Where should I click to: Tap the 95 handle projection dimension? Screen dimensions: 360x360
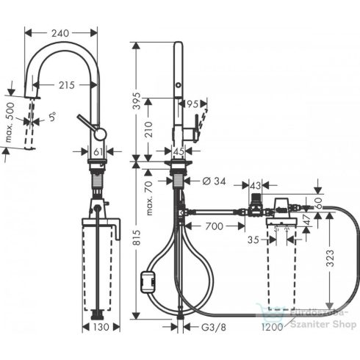193,104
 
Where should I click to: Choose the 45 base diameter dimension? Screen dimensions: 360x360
178,152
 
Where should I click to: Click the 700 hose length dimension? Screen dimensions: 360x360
214,226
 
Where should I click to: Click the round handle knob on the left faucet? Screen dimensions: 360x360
99,133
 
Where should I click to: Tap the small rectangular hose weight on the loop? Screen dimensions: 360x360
148,279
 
